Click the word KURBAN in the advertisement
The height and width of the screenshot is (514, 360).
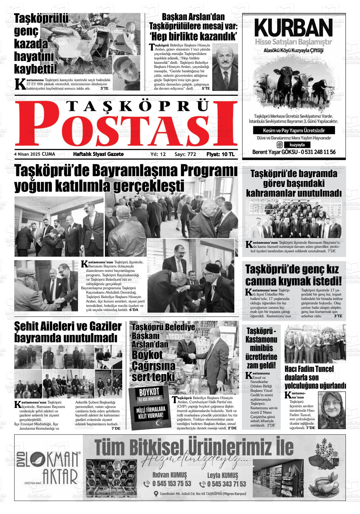tap(294, 28)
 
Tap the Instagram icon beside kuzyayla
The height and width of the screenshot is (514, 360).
tap(280, 145)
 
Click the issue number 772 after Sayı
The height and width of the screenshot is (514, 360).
tap(192, 154)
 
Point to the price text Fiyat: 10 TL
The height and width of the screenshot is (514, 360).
tap(220, 154)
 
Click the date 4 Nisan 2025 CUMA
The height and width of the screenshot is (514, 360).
tap(34, 154)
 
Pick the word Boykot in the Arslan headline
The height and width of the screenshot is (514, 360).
tap(147, 355)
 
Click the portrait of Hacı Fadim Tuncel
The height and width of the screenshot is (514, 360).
tap(331, 410)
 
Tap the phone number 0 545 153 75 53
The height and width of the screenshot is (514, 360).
tap(171, 484)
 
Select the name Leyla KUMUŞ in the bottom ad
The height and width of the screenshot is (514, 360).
tap(223, 475)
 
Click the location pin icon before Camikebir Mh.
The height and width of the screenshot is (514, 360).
tap(156, 494)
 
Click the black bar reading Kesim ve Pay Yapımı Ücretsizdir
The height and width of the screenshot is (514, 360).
tap(294, 130)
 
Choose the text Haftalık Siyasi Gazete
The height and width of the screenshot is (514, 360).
tap(98, 154)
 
